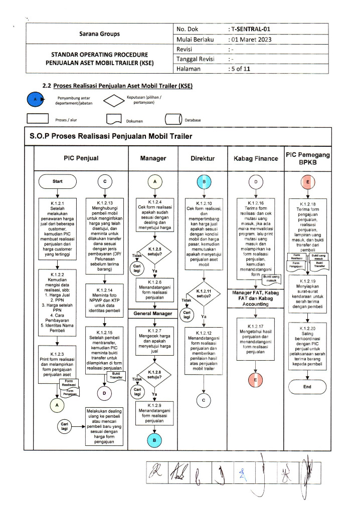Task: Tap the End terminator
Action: (307, 387)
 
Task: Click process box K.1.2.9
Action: (152, 413)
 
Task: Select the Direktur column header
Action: (203, 158)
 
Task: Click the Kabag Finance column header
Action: (256, 158)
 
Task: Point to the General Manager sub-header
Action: (152, 314)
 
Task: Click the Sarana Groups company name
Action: (99, 34)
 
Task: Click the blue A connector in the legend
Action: (35, 99)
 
